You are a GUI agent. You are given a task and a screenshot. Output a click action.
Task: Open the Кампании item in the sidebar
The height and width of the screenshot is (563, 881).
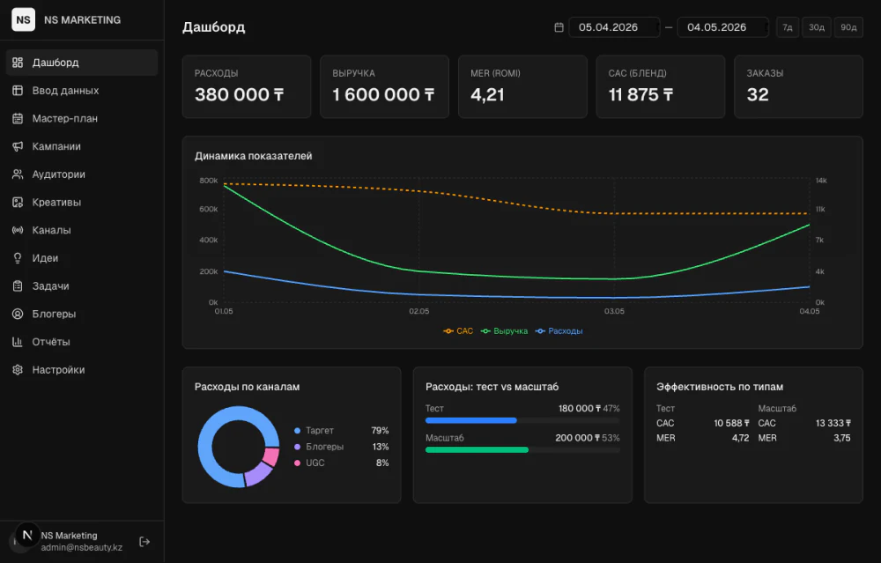[56, 146]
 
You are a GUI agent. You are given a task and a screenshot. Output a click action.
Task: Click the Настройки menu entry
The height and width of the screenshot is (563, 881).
[58, 370]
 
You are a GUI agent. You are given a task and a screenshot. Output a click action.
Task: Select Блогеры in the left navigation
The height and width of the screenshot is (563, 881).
[54, 314]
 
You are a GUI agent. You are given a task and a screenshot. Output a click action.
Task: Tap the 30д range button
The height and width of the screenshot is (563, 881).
[817, 27]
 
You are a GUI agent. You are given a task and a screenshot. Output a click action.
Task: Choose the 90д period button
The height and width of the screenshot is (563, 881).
[848, 27]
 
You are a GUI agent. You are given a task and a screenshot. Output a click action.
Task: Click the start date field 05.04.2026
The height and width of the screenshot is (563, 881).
[614, 27]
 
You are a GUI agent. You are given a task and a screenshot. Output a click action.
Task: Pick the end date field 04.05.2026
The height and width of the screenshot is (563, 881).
[722, 27]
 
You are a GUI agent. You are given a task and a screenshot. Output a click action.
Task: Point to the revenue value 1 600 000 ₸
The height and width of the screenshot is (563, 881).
[383, 95]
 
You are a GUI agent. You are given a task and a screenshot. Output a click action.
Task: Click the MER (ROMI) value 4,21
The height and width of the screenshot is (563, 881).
[487, 95]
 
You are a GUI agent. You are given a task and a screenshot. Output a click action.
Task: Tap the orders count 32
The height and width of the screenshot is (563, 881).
[758, 95]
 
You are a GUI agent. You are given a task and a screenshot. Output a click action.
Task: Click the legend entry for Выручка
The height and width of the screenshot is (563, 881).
[505, 331]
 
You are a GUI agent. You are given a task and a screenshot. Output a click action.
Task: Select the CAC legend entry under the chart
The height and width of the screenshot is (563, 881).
[458, 331]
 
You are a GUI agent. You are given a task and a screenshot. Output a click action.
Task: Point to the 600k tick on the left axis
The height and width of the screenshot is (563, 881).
[209, 209]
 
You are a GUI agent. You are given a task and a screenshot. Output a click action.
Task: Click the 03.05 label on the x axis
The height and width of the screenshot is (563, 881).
[614, 311]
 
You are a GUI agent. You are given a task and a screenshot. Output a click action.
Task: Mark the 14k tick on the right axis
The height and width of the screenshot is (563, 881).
[821, 181]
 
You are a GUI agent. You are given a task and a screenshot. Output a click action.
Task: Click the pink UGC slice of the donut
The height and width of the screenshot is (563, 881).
[271, 456]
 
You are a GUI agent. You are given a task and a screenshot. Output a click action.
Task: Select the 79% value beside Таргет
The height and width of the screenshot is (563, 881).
[380, 430]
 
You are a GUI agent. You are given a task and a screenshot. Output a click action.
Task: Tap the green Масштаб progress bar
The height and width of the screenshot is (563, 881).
[477, 449]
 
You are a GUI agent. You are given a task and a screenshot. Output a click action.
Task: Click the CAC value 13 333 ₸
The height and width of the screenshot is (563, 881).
[833, 423]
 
